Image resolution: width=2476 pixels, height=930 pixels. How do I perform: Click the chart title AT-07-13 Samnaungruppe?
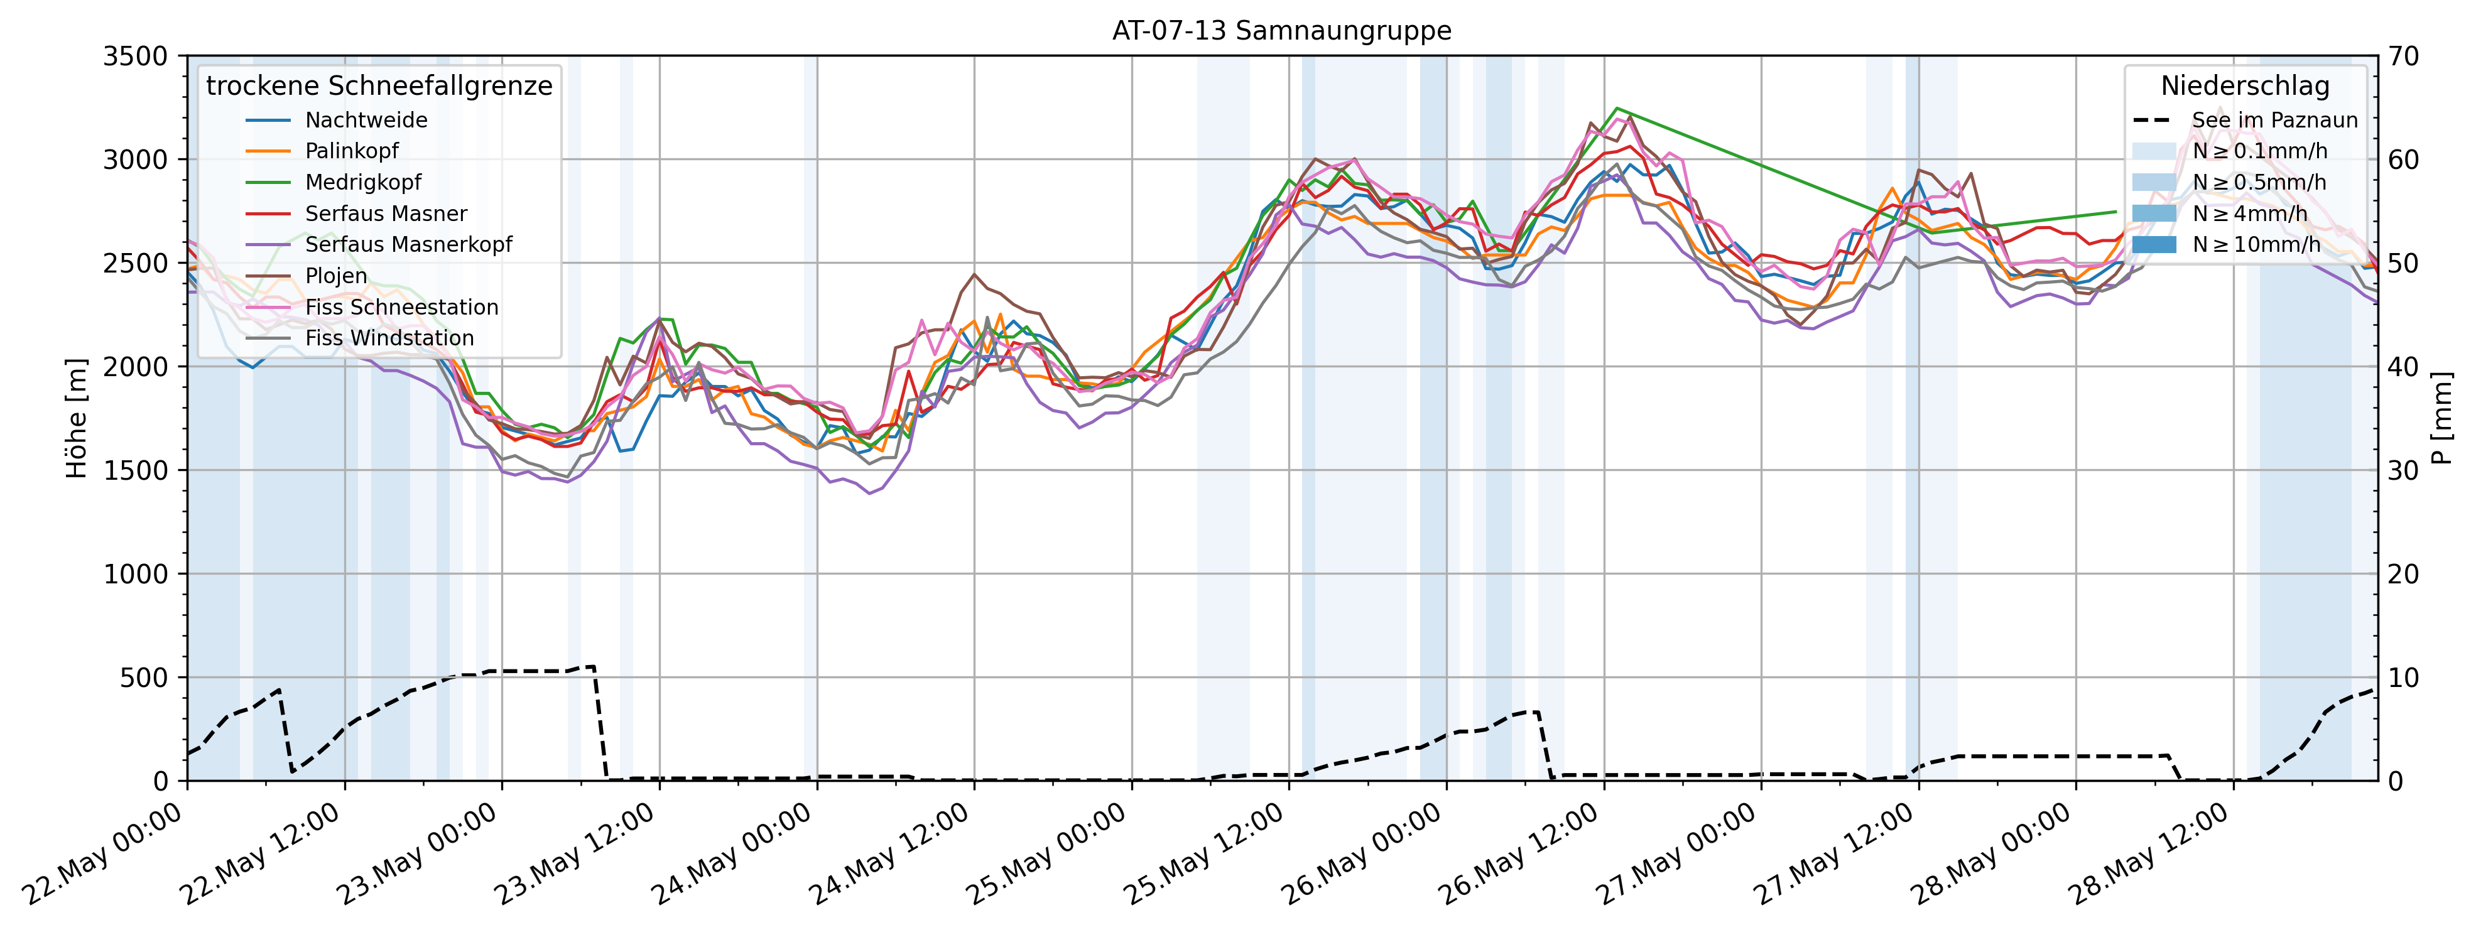click(1281, 31)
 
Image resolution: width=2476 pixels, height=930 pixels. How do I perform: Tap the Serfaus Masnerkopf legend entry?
click(408, 245)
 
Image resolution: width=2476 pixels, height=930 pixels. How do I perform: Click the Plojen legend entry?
click(335, 276)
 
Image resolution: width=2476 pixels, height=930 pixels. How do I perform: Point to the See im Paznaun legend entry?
click(2274, 120)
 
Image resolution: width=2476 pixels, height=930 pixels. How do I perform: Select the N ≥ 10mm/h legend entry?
click(2256, 245)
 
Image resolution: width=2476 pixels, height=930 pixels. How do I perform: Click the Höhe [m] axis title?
click(76, 418)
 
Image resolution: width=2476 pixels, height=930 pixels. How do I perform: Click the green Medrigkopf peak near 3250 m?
click(1617, 109)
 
